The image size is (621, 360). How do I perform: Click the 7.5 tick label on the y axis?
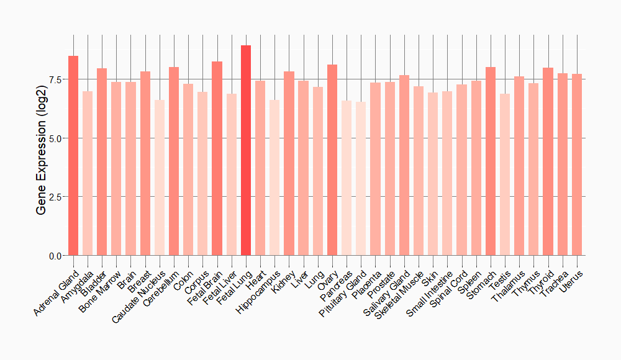(54, 79)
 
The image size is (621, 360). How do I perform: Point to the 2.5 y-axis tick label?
(54, 197)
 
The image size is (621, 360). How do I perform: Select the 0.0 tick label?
(54, 256)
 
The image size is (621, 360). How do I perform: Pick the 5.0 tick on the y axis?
(54, 138)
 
